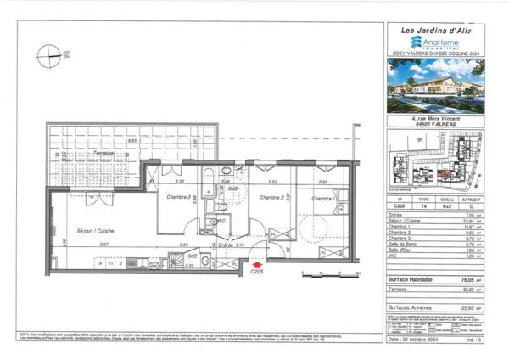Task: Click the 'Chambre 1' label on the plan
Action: (x=323, y=199)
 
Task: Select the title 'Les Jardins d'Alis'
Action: (x=434, y=31)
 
